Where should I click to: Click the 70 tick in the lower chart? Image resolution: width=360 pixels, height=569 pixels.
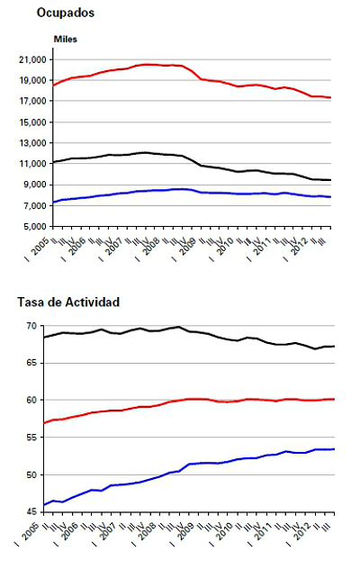click(40, 325)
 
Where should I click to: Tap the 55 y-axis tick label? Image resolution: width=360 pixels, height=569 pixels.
click(40, 437)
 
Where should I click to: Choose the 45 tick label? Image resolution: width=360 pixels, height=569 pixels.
click(40, 511)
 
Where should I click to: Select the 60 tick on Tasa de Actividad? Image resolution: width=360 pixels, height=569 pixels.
click(40, 400)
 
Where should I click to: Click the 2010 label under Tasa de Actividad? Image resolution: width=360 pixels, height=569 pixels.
click(221, 530)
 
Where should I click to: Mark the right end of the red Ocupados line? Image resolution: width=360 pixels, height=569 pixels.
click(331, 98)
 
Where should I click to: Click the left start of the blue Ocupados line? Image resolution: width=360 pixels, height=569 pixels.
click(52, 203)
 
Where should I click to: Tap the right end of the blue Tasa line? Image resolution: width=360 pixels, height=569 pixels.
click(335, 448)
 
